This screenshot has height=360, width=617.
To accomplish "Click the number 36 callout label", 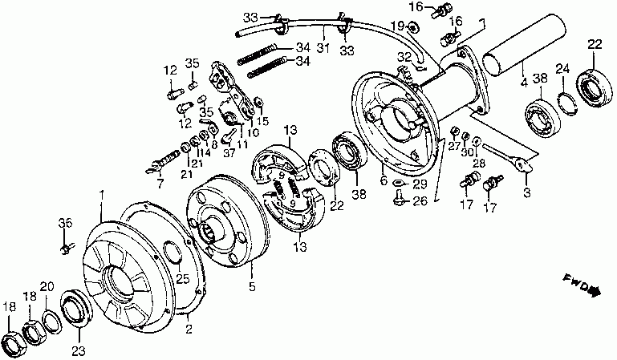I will [66, 223].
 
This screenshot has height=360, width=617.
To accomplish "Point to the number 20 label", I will [47, 287].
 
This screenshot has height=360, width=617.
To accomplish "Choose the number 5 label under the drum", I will [251, 287].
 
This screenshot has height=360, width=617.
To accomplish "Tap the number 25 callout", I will [181, 278].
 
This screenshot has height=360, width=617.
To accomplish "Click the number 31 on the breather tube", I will [322, 46].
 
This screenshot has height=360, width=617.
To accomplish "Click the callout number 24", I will [562, 68].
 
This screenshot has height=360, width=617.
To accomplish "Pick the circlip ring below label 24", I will [564, 101].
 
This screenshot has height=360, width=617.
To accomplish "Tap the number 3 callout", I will [526, 192].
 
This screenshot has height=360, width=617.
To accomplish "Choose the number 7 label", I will [160, 184].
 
